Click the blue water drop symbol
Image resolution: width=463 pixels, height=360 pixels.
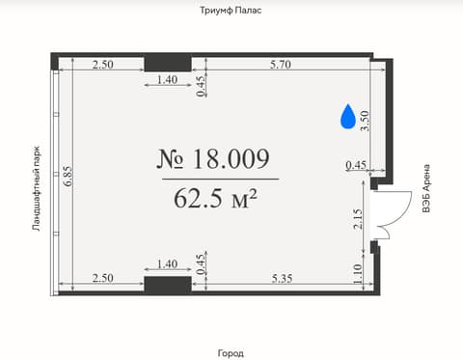coord(348,117)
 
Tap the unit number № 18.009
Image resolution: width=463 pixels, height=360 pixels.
coord(213,159)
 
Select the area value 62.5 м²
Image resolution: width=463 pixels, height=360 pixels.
coord(215,198)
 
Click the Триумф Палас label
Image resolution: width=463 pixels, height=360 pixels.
coord(231,11)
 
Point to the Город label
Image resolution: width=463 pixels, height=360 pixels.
coord(231,353)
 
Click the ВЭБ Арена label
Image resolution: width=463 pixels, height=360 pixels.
coord(426,188)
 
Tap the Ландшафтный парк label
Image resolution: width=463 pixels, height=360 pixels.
coord(37,189)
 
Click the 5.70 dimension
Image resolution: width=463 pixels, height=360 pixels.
coord(281,65)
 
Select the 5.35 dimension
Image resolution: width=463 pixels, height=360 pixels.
coord(282,278)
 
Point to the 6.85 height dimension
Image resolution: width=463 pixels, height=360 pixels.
coord(68,177)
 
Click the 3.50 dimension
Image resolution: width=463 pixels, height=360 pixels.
coord(365,121)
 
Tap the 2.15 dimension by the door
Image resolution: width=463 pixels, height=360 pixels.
coord(358,219)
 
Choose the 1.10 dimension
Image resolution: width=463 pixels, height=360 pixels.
coord(358,274)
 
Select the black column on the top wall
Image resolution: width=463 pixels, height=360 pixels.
coord(168,64)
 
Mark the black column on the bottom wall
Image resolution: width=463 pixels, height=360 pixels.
coord(168,285)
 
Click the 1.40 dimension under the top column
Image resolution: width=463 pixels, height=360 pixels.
coord(167,79)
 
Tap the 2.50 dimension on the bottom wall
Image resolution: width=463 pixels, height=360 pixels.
coord(102,278)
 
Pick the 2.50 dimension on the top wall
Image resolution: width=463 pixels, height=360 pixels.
coord(102,65)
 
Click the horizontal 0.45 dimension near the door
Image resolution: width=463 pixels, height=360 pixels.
coord(356,165)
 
